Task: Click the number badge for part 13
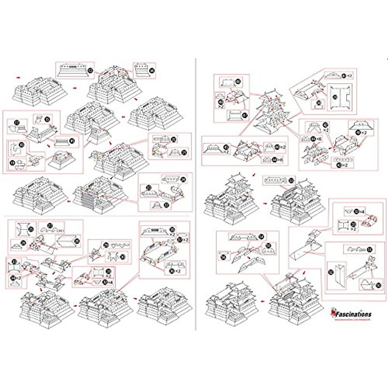(91, 70)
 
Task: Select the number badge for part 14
(152, 69)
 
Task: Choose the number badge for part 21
(185, 153)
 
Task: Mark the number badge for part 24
(183, 179)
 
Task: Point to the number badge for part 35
(172, 229)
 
